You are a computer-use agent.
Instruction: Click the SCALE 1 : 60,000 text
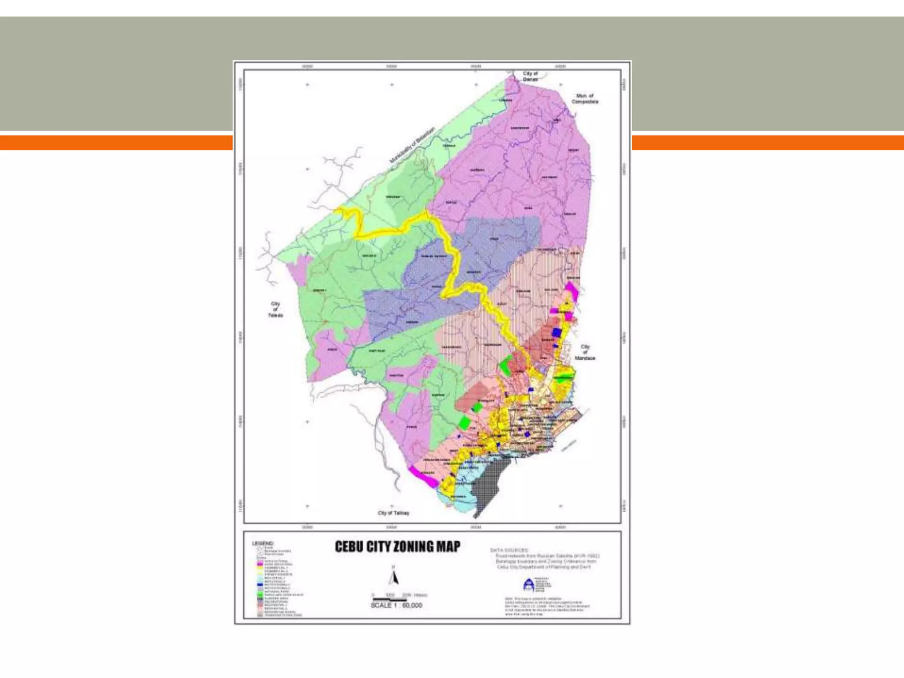[396, 606]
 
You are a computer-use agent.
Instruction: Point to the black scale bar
[389, 600]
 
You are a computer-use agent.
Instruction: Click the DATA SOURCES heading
[509, 550]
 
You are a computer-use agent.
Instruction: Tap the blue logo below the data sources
[528, 585]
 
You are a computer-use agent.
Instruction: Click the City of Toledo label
[275, 309]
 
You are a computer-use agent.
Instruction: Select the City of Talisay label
[393, 513]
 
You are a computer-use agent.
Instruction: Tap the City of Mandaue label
[585, 352]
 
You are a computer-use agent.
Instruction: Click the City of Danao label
[531, 76]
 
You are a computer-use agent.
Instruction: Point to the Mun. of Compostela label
[585, 98]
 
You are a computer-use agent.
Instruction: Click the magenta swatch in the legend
[260, 565]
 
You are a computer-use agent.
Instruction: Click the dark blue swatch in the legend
[260, 584]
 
